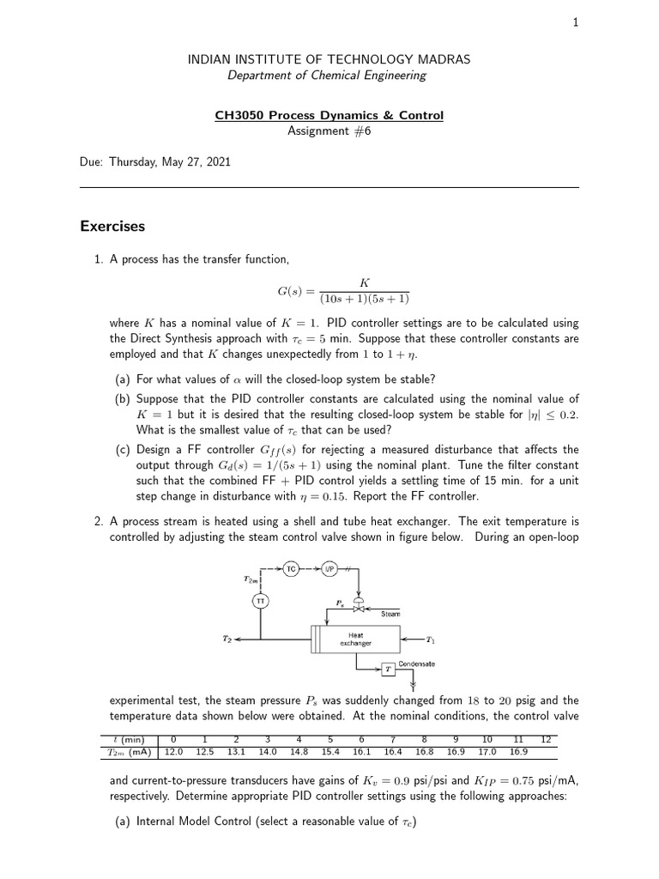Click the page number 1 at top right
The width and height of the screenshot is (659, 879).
[x=576, y=23]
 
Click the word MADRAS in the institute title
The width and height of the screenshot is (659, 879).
[x=440, y=59]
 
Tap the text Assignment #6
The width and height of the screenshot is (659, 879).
[x=329, y=130]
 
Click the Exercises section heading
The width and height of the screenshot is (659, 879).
[x=112, y=227]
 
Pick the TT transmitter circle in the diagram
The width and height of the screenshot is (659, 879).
[x=261, y=602]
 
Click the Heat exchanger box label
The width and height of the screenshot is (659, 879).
[x=354, y=639]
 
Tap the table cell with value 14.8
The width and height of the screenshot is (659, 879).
[x=298, y=751]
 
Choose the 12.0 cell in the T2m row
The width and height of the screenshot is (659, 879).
[x=173, y=751]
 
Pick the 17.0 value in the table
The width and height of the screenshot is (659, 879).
[x=486, y=751]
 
